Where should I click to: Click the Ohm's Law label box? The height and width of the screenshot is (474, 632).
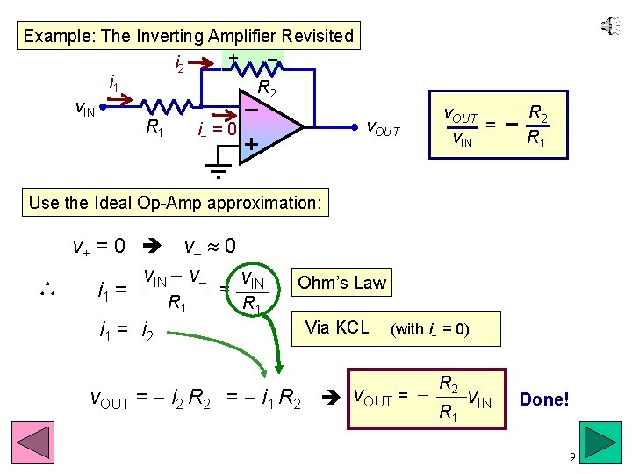(x=341, y=283)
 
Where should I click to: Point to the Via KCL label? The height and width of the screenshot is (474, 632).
(x=336, y=328)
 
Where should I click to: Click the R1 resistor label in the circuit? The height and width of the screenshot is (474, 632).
(x=155, y=128)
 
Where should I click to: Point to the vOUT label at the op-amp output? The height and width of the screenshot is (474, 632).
(x=383, y=130)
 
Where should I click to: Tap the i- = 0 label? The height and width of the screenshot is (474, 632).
(x=218, y=128)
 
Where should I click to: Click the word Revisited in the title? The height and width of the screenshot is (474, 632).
(x=313, y=37)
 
